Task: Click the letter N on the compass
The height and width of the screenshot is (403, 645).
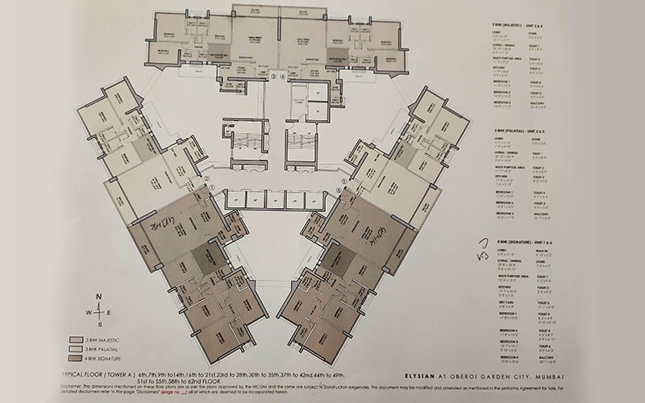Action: tap(98, 295)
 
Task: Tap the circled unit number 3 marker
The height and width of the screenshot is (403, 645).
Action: tap(273, 77)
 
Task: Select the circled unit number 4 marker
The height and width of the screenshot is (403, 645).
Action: tap(282, 77)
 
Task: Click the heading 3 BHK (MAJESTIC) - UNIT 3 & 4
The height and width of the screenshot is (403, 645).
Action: tap(525, 27)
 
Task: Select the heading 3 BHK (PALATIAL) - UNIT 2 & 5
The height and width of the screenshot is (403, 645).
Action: tap(525, 129)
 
